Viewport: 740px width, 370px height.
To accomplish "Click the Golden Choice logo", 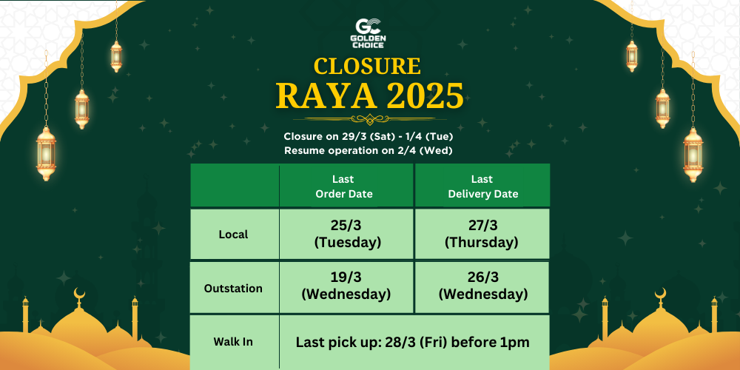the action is (x=369, y=33).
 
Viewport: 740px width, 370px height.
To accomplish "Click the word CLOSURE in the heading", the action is (x=367, y=66).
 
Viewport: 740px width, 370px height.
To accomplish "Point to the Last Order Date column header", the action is (x=343, y=186).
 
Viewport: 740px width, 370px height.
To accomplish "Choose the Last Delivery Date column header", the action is (x=482, y=186).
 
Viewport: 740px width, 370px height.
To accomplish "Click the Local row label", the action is (x=233, y=235).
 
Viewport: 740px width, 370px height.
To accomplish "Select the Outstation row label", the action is (x=233, y=289).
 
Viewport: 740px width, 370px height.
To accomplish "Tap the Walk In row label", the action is (x=233, y=342).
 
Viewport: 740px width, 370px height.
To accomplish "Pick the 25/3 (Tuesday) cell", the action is (x=346, y=234).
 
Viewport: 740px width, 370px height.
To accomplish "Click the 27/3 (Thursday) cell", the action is (x=482, y=234).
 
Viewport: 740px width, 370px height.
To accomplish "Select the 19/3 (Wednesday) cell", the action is (x=346, y=286).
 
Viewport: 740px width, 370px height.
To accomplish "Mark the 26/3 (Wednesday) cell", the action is (x=482, y=286).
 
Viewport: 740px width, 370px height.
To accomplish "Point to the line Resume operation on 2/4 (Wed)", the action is (x=368, y=150).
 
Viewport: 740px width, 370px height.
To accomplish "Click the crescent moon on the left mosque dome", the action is (x=80, y=295).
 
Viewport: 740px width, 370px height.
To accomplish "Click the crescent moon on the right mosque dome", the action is (x=660, y=295).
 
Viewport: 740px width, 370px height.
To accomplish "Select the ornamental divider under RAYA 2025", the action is (x=370, y=118).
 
